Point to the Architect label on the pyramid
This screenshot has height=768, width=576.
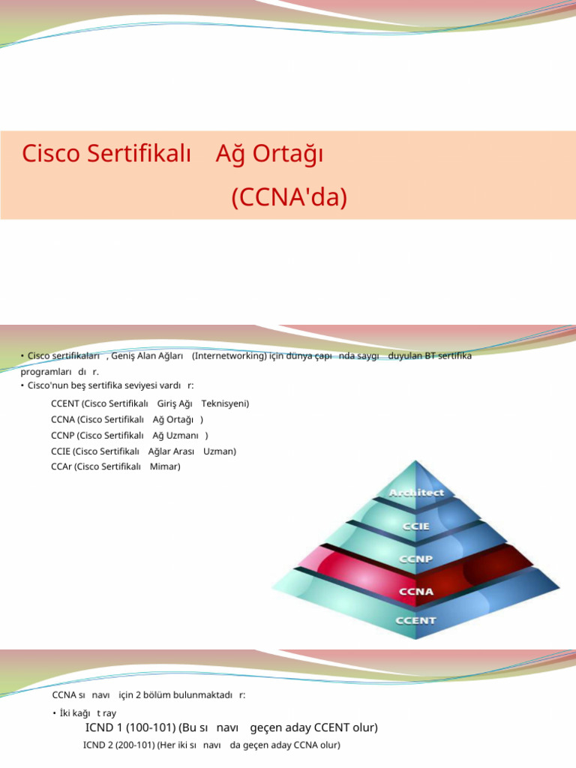coord(416,493)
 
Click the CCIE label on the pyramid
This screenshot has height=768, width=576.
coord(417,526)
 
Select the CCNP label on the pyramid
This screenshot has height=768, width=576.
coord(417,559)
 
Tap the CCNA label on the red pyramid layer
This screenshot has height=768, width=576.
coord(417,591)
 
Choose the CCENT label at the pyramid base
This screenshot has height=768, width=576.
coord(417,620)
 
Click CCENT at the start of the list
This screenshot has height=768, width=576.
coord(65,403)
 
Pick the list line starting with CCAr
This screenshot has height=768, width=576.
coord(115,466)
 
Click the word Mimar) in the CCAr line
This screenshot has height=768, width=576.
coord(165,466)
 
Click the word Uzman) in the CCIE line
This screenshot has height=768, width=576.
coord(220,451)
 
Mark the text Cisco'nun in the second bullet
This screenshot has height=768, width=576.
coord(47,385)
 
